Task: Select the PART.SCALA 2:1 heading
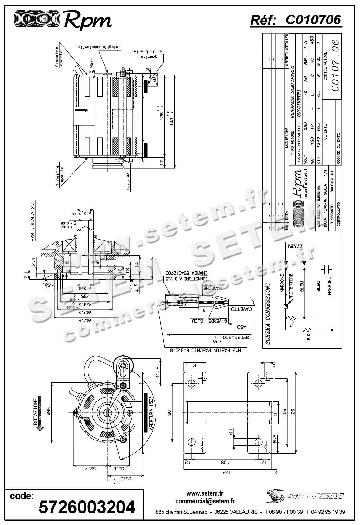[x=33, y=221]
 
